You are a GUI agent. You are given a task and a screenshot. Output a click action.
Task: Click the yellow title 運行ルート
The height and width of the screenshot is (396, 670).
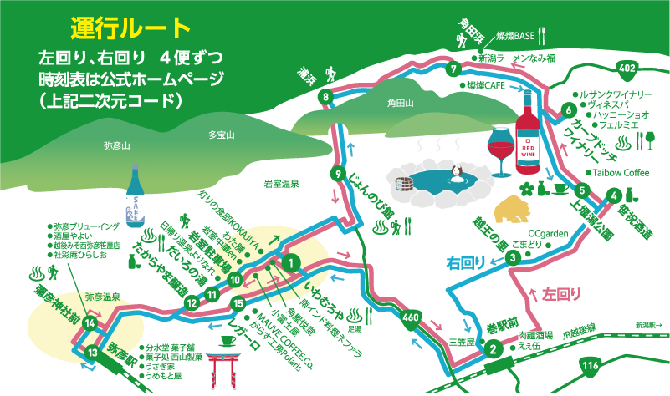click(x=130, y=28)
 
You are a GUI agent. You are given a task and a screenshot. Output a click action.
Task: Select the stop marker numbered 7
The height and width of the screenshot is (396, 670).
click(x=453, y=69)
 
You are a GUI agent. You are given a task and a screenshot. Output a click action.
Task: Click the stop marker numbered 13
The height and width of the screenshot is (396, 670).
click(x=91, y=353)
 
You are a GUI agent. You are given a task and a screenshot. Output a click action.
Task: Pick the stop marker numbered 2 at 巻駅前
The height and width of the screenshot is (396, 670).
click(x=494, y=349)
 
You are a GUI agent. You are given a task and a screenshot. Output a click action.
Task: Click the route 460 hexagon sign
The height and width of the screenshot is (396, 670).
click(x=410, y=318)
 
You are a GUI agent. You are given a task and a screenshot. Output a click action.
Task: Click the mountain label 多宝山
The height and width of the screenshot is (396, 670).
click(x=222, y=135)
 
